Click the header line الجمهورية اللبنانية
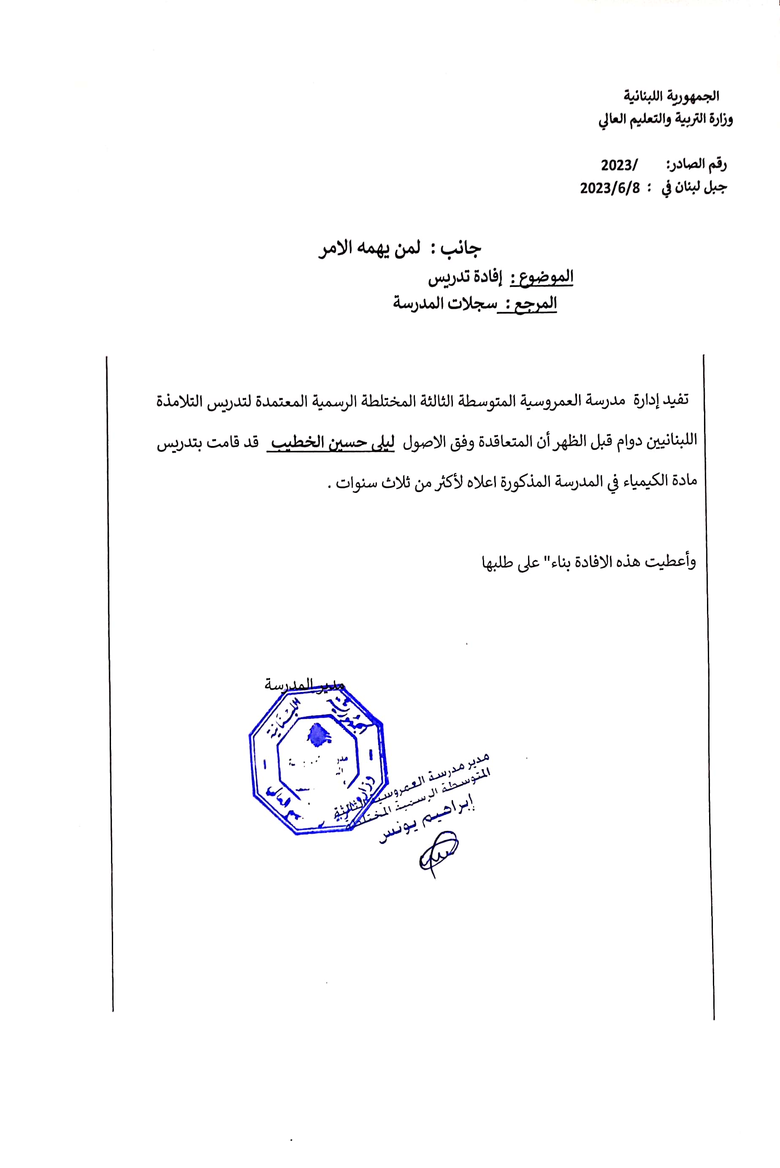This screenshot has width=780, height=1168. (x=672, y=95)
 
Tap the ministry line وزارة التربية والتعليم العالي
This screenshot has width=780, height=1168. (x=665, y=120)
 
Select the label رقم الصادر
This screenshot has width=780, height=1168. (x=696, y=164)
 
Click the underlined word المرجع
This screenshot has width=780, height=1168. (x=535, y=304)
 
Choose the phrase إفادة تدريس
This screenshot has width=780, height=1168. (x=465, y=277)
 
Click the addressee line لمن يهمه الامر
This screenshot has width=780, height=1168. (x=369, y=248)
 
